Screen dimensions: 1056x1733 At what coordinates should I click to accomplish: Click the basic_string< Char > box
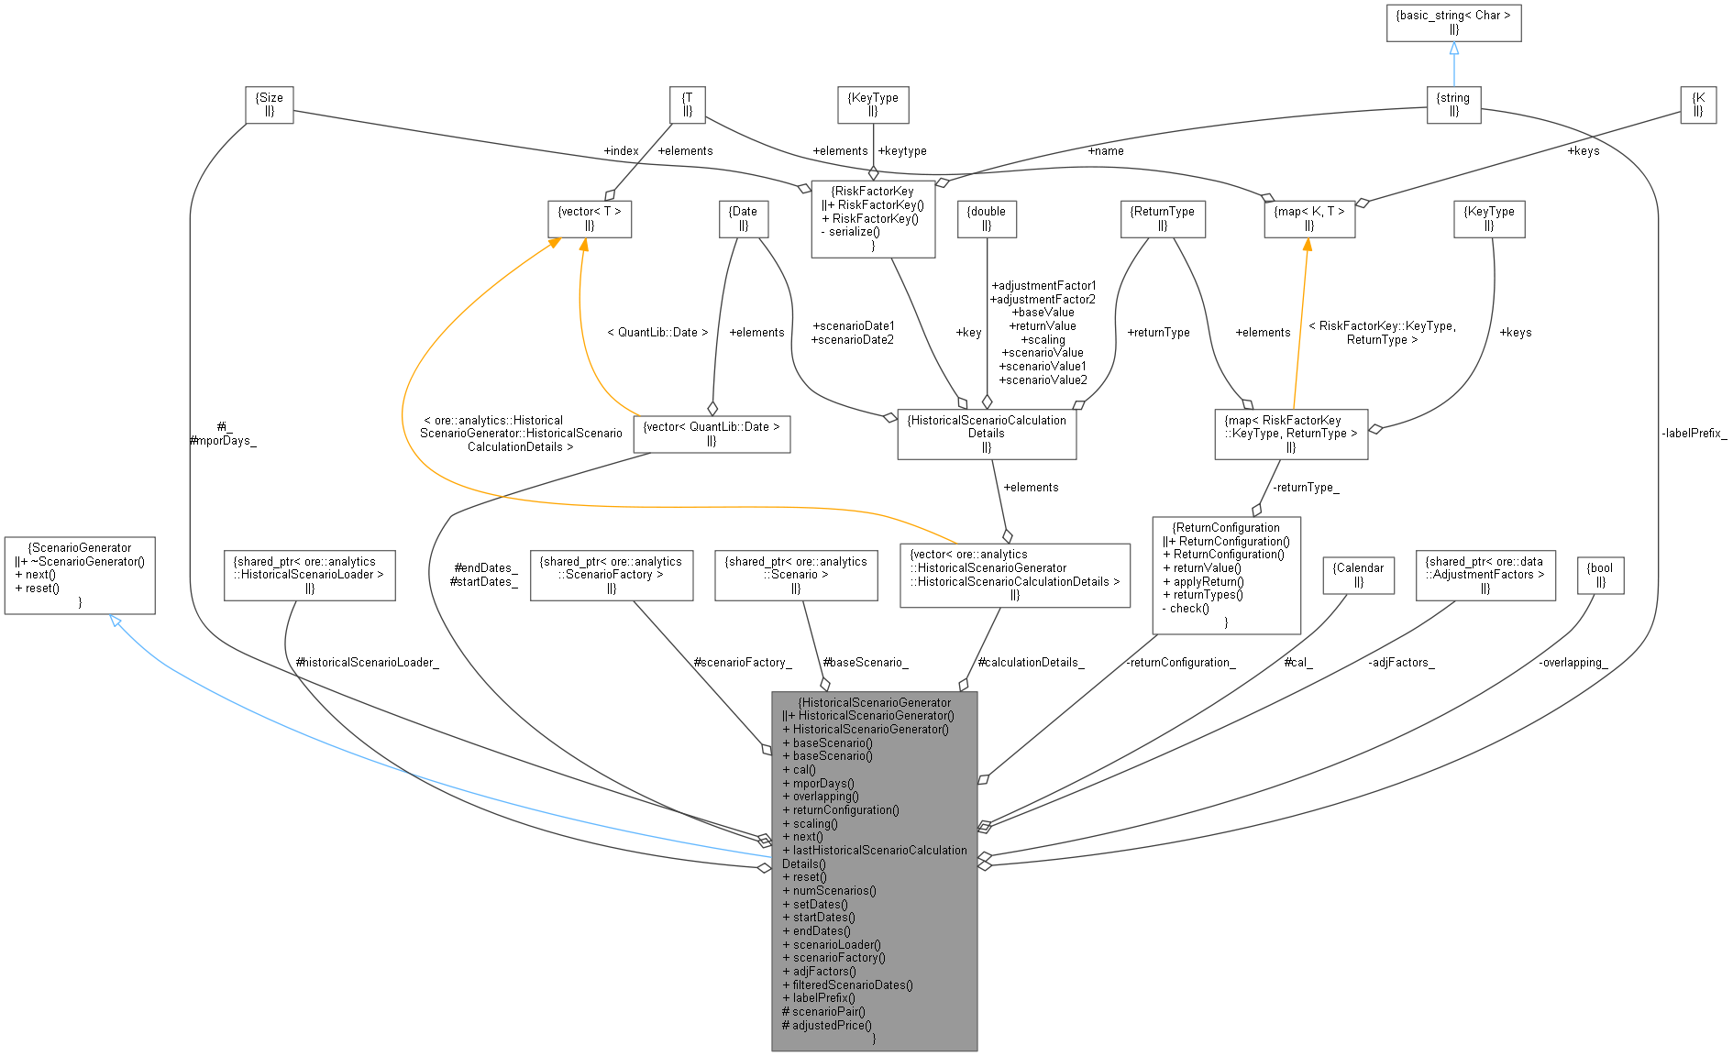[x=1453, y=22]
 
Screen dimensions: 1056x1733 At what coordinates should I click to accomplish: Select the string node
[x=1453, y=104]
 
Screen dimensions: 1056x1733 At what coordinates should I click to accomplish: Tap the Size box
[x=270, y=104]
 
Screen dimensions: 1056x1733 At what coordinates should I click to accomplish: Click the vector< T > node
[x=589, y=218]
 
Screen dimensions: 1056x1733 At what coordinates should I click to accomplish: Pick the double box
[x=987, y=218]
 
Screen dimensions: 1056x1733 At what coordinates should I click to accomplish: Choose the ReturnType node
[x=1162, y=218]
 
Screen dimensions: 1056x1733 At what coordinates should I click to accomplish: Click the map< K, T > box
[x=1308, y=218]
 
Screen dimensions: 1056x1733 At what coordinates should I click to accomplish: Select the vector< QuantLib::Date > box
[x=712, y=434]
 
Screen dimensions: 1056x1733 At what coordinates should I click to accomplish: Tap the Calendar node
[x=1358, y=575]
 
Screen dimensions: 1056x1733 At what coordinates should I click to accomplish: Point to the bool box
[x=1600, y=575]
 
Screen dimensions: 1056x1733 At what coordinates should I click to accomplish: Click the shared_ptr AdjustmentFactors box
[x=1485, y=575]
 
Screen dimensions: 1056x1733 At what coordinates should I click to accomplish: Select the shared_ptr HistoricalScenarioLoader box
[x=309, y=575]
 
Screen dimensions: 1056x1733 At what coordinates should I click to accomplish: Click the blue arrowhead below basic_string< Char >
[x=1453, y=49]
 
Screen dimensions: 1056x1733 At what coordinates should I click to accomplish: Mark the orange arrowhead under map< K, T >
[x=1307, y=245]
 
